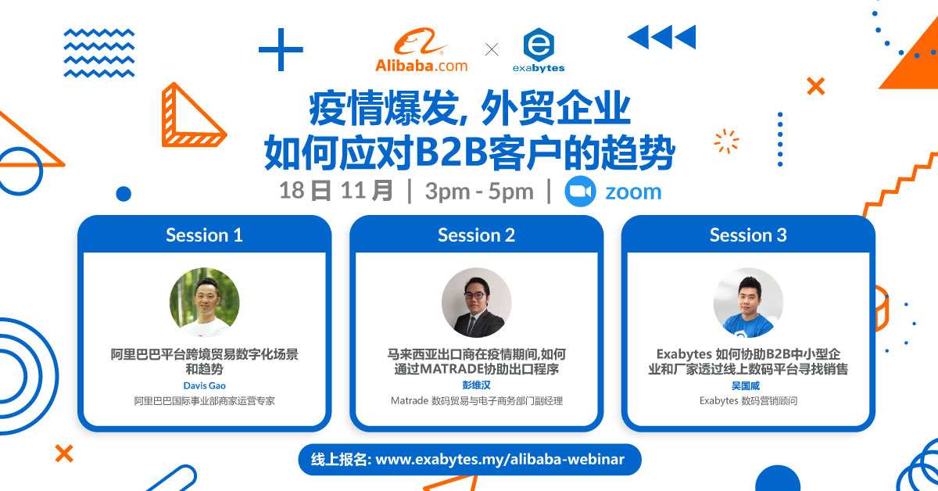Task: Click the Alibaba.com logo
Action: pyautogui.click(x=421, y=50)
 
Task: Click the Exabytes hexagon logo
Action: pyautogui.click(x=539, y=45)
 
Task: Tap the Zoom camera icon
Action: pyautogui.click(x=580, y=192)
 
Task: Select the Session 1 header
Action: pyautogui.click(x=204, y=235)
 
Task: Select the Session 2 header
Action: pyautogui.click(x=476, y=235)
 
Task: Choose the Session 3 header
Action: pyautogui.click(x=748, y=235)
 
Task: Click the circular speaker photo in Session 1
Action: pyautogui.click(x=204, y=303)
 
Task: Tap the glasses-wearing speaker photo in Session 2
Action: pyautogui.click(x=477, y=303)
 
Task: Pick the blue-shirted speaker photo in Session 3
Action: pyautogui.click(x=748, y=303)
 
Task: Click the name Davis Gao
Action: pyautogui.click(x=204, y=385)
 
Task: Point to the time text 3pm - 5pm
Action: pyautogui.click(x=479, y=192)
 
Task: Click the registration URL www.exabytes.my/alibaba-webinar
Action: pyautogui.click(x=500, y=459)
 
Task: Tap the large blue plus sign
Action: pyautogui.click(x=281, y=49)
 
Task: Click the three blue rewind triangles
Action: pyautogui.click(x=661, y=37)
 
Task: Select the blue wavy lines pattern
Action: pyautogui.click(x=99, y=53)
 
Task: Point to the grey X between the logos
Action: pyautogui.click(x=492, y=49)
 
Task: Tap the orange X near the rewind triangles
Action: pyautogui.click(x=816, y=86)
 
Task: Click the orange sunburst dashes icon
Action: pyautogui.click(x=726, y=142)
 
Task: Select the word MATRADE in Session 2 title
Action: pyautogui.click(x=452, y=369)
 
